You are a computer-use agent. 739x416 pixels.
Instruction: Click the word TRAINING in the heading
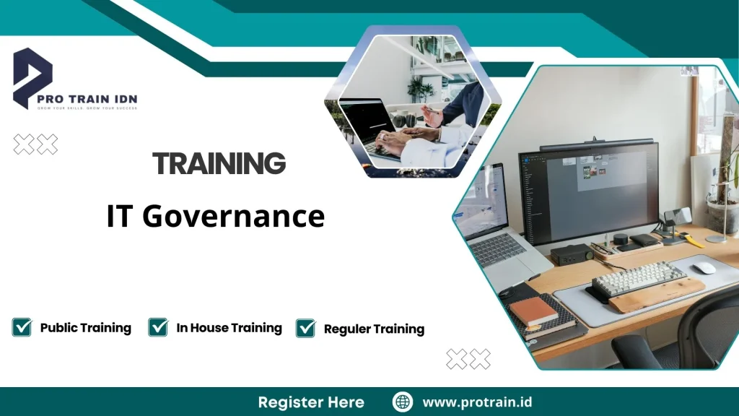[219, 164]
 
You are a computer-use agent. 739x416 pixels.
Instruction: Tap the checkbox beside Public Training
[22, 327]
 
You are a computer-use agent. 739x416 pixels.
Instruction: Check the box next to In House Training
[158, 327]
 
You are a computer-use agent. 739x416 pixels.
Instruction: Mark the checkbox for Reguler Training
[306, 329]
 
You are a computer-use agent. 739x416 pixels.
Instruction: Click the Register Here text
[311, 402]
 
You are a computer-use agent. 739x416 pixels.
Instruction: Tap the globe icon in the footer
[402, 402]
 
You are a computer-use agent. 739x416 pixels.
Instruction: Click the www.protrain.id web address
[477, 402]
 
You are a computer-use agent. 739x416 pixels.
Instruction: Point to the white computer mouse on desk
[704, 267]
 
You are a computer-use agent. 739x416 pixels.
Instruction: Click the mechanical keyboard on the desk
[639, 278]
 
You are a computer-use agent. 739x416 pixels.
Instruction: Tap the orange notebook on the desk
[533, 311]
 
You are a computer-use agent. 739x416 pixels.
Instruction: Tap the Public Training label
[85, 328]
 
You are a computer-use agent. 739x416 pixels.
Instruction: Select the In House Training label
[229, 328]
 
